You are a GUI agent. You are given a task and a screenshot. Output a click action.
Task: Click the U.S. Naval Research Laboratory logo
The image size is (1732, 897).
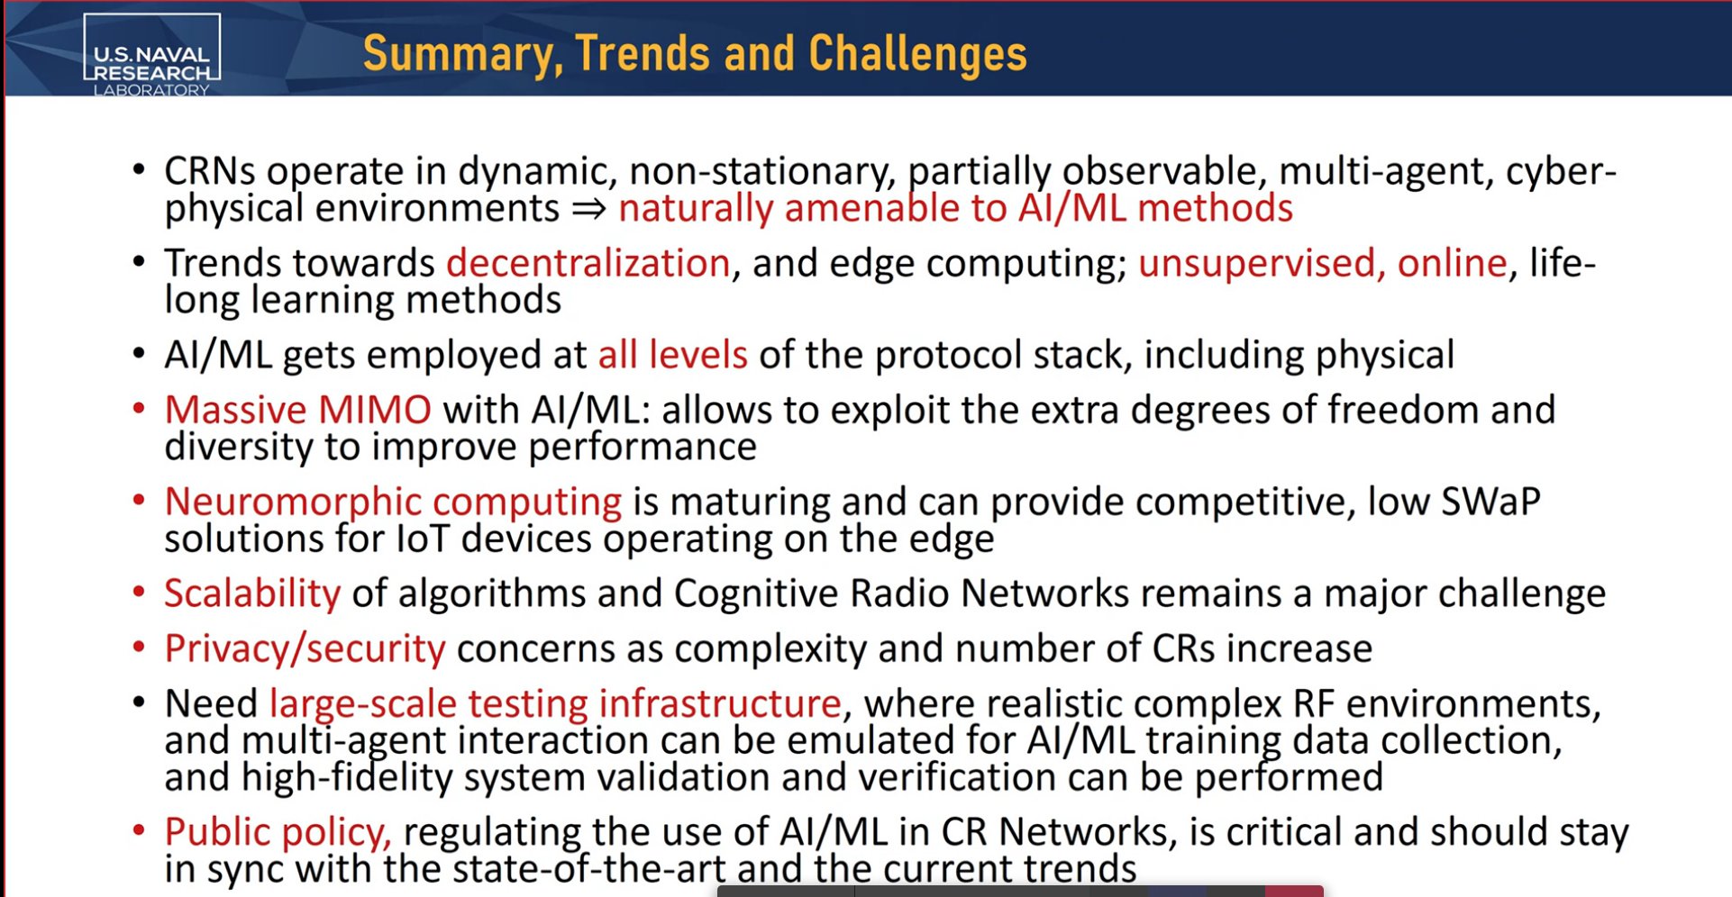tap(151, 55)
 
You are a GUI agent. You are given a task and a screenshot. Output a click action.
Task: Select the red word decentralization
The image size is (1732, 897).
tap(588, 263)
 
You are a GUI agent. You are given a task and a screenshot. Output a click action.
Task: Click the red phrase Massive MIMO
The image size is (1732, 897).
tap(298, 410)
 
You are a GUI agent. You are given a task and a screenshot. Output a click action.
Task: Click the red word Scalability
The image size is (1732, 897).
tap(252, 594)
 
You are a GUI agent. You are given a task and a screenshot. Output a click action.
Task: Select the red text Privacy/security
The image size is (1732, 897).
tap(305, 649)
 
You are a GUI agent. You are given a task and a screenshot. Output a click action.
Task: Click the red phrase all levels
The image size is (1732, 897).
tap(673, 355)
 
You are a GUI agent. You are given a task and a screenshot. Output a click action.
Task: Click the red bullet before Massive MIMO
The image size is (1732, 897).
tap(139, 408)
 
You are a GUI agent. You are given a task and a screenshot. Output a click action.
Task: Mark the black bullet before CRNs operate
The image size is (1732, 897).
tap(139, 168)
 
